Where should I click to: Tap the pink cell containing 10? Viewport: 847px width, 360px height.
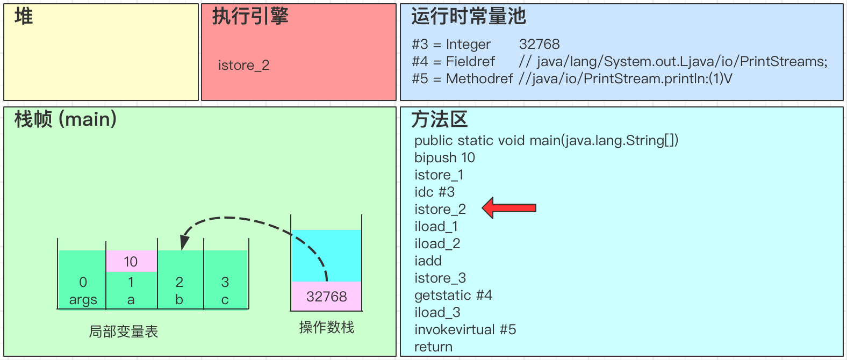(x=131, y=262)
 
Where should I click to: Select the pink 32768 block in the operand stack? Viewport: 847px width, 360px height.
(x=326, y=296)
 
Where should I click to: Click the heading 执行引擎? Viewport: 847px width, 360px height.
(x=250, y=17)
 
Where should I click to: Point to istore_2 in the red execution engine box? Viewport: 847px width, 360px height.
(x=243, y=66)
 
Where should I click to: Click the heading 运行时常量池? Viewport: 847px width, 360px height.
(x=468, y=17)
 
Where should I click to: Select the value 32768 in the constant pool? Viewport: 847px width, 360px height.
(x=539, y=44)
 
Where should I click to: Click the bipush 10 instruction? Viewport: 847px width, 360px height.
(x=444, y=157)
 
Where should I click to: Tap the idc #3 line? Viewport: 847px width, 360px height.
(x=434, y=192)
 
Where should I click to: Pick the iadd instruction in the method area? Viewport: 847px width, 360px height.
(x=428, y=261)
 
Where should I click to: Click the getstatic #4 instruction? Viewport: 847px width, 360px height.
(x=453, y=295)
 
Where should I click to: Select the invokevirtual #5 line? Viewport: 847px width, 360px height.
(x=465, y=329)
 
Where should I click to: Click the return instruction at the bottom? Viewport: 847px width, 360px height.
(x=433, y=347)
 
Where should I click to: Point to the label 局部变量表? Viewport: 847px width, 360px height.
(x=123, y=332)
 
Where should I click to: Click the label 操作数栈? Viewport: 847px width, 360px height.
(x=326, y=327)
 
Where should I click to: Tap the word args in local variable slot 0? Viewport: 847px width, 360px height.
(x=83, y=300)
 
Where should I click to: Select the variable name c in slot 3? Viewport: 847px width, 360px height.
(x=225, y=300)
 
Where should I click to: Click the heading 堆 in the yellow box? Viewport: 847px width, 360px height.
(x=24, y=17)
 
